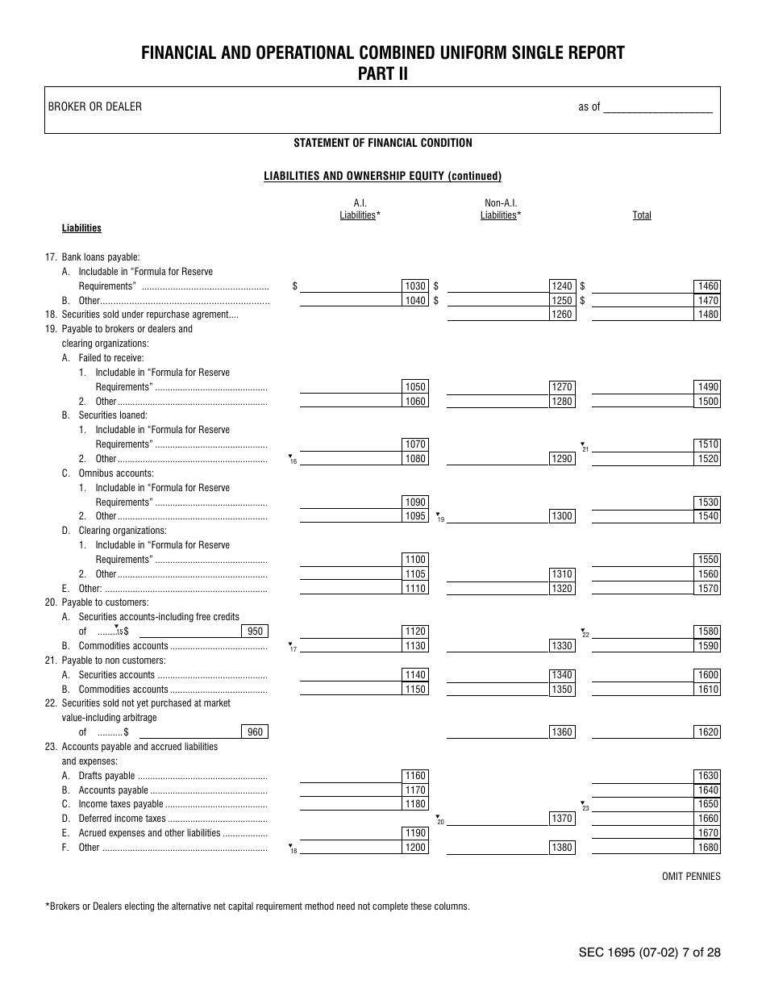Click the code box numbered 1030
415,286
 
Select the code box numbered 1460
707,286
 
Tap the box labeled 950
255,631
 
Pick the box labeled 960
255,732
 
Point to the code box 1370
562,819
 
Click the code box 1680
707,848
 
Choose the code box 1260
562,315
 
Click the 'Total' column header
642,215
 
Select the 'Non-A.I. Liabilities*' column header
501,210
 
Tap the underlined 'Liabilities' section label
81,228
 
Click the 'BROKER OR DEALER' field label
95,106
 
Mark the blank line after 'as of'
658,107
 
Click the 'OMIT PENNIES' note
691,877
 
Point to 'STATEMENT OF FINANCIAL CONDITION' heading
383,143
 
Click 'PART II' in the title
383,73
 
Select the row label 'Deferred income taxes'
122,819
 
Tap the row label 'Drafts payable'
106,776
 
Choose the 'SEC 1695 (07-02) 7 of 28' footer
649,952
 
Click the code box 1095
415,516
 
